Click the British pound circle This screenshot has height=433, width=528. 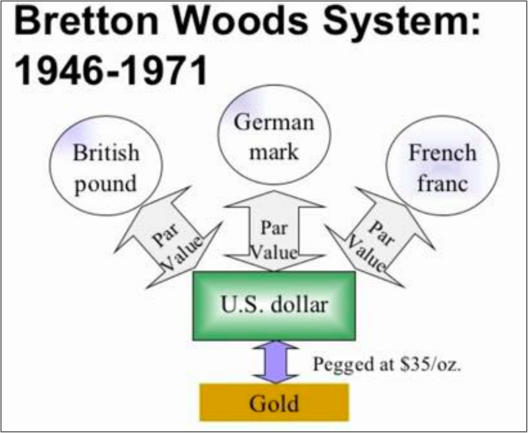coord(106,165)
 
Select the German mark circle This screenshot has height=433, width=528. coord(274,135)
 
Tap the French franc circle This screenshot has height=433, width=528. coord(442,165)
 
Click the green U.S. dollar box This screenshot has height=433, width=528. coord(274,306)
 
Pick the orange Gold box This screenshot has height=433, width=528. coord(274,403)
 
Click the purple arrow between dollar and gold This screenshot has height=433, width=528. coord(276,362)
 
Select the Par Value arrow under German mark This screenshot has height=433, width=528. coord(274,231)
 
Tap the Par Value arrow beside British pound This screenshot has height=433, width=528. coord(169,237)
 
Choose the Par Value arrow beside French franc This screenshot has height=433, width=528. coord(380,237)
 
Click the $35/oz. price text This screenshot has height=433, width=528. coord(430,364)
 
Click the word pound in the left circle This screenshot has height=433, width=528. coord(105,185)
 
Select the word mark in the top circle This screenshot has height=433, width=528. coord(274,152)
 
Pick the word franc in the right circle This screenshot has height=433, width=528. coord(443,183)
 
